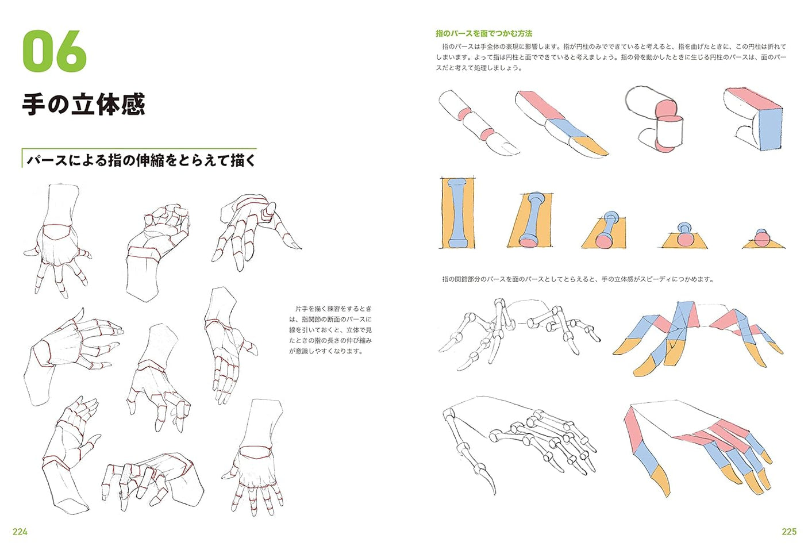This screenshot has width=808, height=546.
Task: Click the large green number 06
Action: tap(55, 52)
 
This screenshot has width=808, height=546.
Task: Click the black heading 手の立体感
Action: tap(83, 105)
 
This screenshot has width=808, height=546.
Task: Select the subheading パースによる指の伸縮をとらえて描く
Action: tap(141, 160)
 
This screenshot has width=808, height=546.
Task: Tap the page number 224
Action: tap(20, 532)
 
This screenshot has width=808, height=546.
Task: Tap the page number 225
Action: tap(788, 532)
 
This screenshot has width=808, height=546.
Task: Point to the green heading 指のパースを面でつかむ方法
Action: tap(484, 33)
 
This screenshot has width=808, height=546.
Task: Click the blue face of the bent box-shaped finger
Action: tap(769, 129)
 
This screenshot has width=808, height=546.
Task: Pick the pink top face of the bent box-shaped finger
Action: tap(753, 98)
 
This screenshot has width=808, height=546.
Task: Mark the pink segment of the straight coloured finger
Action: tap(540, 106)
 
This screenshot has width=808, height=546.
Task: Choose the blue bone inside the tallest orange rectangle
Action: tap(457, 213)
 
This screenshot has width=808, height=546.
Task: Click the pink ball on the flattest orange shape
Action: tap(762, 237)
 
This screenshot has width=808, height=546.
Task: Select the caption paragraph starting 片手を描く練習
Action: tap(330, 330)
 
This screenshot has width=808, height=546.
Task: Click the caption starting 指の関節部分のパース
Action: tap(578, 279)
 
